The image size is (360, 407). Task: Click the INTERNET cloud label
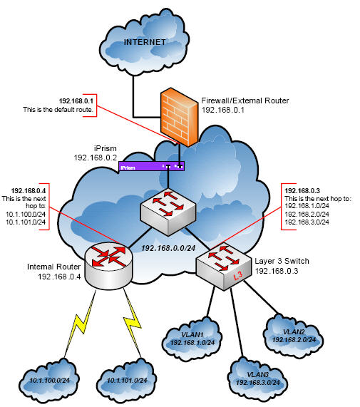[x=145, y=42]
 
